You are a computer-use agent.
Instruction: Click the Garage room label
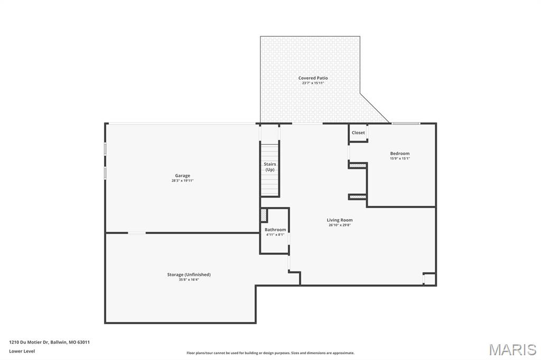pos(182,176)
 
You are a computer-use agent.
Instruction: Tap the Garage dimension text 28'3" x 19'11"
pos(182,181)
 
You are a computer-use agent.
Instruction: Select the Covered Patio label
pos(313,78)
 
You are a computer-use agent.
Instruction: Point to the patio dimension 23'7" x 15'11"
pos(313,83)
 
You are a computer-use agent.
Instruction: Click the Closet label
pos(358,132)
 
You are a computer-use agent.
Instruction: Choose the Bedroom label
pos(399,154)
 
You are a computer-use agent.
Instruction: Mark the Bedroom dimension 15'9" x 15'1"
pos(399,158)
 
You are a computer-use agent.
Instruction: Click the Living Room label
pos(339,220)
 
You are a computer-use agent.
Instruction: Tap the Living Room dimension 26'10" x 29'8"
pos(339,225)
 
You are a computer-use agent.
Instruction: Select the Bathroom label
pos(275,230)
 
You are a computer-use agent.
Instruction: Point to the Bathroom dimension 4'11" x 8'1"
pos(275,234)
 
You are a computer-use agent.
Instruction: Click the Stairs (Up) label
pos(270,167)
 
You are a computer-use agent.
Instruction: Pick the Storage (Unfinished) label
pos(189,274)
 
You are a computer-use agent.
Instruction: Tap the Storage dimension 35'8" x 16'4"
pos(189,279)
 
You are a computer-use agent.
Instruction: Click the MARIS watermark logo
pos(512,349)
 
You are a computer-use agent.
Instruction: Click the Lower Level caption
pos(22,351)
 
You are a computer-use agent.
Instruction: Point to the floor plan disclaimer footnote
pos(270,353)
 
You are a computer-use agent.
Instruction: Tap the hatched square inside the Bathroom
pos(264,215)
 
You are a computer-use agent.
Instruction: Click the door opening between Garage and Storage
pos(137,233)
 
